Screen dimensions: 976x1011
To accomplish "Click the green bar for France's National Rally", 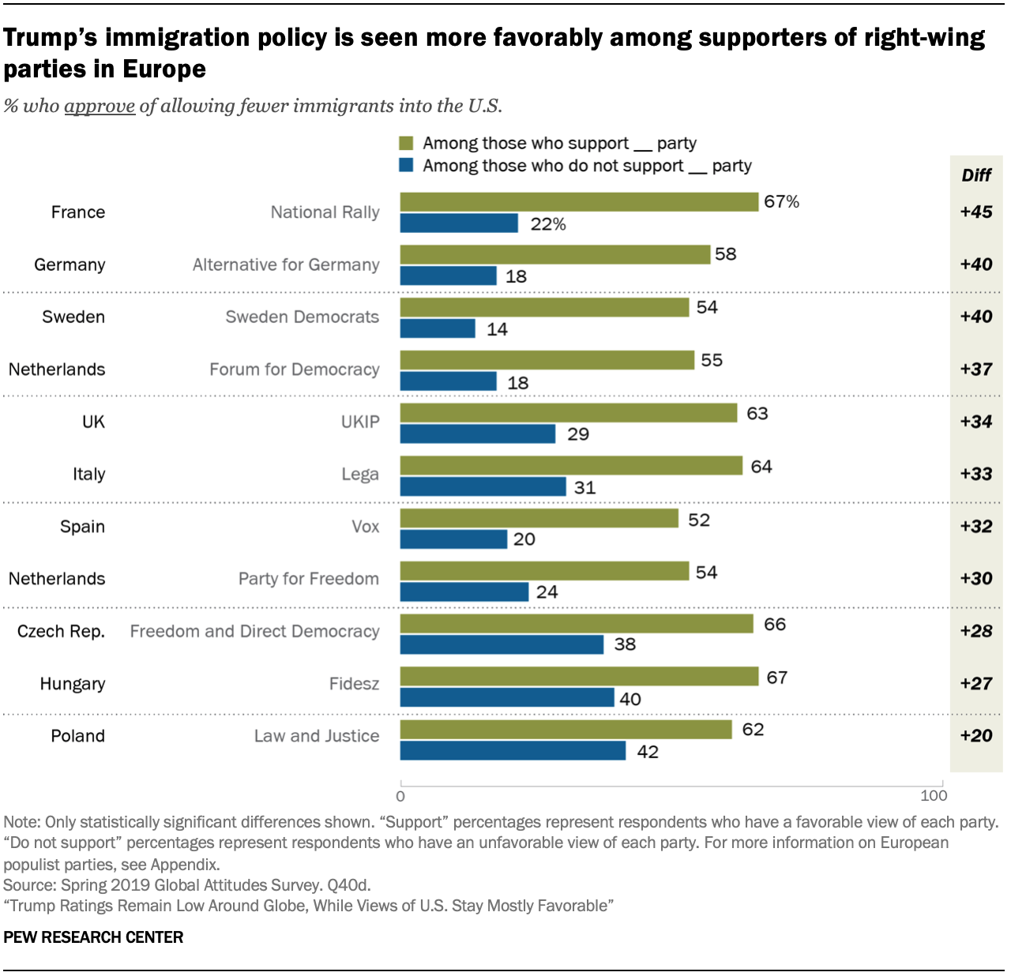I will pyautogui.click(x=579, y=202).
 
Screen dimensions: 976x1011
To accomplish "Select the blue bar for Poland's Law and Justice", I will pyautogui.click(x=513, y=750).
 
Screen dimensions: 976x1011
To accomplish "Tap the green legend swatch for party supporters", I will pyautogui.click(x=407, y=143).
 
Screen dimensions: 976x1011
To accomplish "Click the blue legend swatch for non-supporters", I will pyautogui.click(x=407, y=166).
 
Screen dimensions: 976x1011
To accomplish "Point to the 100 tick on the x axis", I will pyautogui.click(x=934, y=796).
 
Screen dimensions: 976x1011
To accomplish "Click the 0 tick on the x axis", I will pyautogui.click(x=400, y=796).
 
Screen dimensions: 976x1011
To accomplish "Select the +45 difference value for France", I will pyautogui.click(x=976, y=212).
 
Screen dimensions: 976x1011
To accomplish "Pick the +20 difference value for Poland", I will pyautogui.click(x=976, y=735).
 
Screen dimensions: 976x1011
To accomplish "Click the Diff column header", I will pyautogui.click(x=976, y=175).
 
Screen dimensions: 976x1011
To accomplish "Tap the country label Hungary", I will pyautogui.click(x=73, y=684).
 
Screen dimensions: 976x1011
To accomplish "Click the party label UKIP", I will pyautogui.click(x=360, y=422).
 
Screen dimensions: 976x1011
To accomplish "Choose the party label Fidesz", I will pyautogui.click(x=354, y=684).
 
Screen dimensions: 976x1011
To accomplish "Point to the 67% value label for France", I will pyautogui.click(x=781, y=201).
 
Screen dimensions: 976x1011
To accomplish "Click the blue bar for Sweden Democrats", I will pyautogui.click(x=438, y=328).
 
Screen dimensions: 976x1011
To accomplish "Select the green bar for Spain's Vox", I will pyautogui.click(x=539, y=518).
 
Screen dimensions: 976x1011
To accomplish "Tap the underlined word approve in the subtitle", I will pyautogui.click(x=100, y=106).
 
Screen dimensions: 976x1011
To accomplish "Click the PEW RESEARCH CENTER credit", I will pyautogui.click(x=93, y=937).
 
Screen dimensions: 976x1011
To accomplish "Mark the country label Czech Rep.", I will pyautogui.click(x=61, y=632).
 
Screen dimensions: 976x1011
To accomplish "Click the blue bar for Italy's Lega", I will pyautogui.click(x=483, y=486).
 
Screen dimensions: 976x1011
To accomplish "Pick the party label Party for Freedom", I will pyautogui.click(x=308, y=579).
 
